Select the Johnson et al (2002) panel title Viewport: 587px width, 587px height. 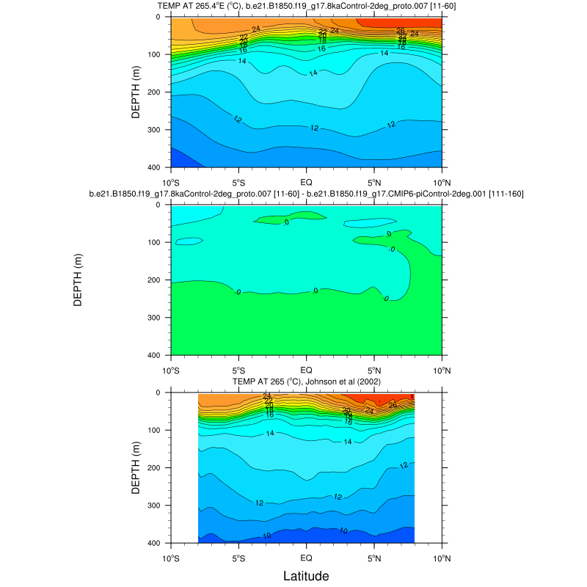click(306, 382)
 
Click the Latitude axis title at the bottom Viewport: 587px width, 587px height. click(306, 575)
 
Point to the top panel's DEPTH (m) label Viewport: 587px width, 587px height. click(136, 92)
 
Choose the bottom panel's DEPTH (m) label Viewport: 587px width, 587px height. click(136, 467)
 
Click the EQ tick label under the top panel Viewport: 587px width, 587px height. click(306, 181)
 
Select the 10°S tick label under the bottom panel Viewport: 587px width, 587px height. click(171, 556)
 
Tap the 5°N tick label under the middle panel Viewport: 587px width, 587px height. click(374, 368)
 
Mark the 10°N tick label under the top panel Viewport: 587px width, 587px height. click(442, 181)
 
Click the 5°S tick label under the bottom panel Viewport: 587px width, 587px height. click(238, 556)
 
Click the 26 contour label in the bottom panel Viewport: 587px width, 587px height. click(393, 404)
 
